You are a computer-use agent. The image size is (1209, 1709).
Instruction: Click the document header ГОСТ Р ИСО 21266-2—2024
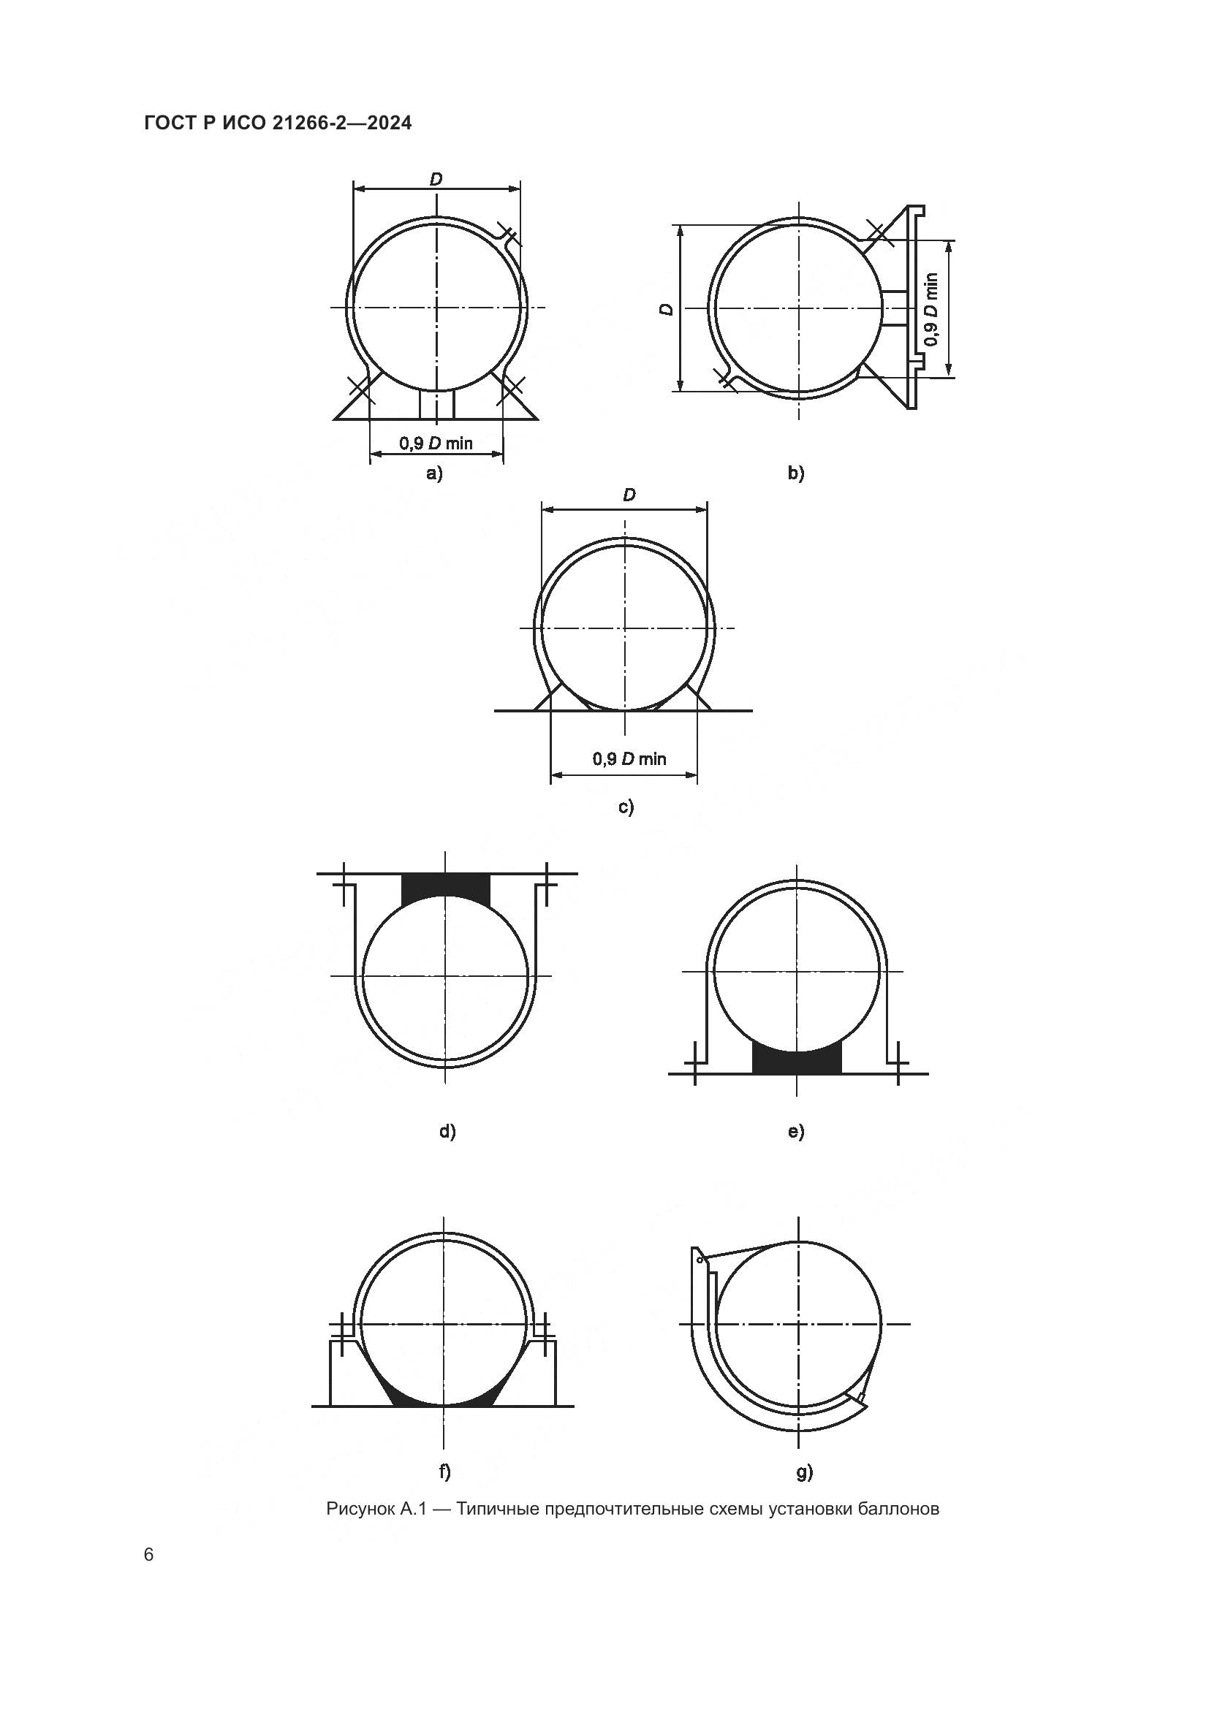(x=278, y=123)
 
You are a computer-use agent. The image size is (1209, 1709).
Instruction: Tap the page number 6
(x=149, y=1555)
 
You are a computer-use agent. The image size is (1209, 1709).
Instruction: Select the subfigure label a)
(x=434, y=473)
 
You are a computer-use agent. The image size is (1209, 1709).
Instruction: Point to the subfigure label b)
(x=796, y=473)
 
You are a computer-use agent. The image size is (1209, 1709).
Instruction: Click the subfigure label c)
(x=626, y=807)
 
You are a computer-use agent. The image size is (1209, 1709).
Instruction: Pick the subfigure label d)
(x=447, y=1131)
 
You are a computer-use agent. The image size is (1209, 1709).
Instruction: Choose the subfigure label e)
(x=796, y=1131)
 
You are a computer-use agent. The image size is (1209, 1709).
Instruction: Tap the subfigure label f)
(x=445, y=1472)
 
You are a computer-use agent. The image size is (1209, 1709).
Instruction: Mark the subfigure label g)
(x=805, y=1472)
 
